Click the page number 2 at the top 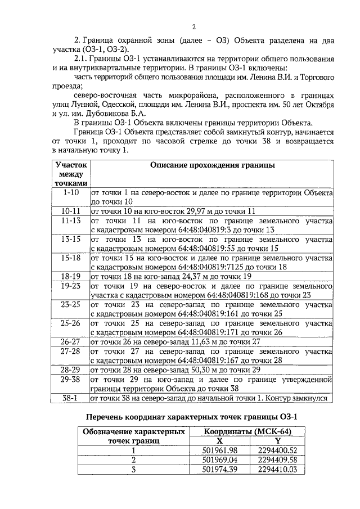(x=193, y=27)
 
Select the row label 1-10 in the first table (x=71, y=192)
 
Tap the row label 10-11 (x=71, y=211)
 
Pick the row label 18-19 (x=71, y=276)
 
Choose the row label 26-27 (x=71, y=341)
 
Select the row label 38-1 (x=71, y=398)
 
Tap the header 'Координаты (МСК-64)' (x=247, y=431)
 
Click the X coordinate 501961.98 (x=220, y=450)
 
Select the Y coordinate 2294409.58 (x=277, y=460)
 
